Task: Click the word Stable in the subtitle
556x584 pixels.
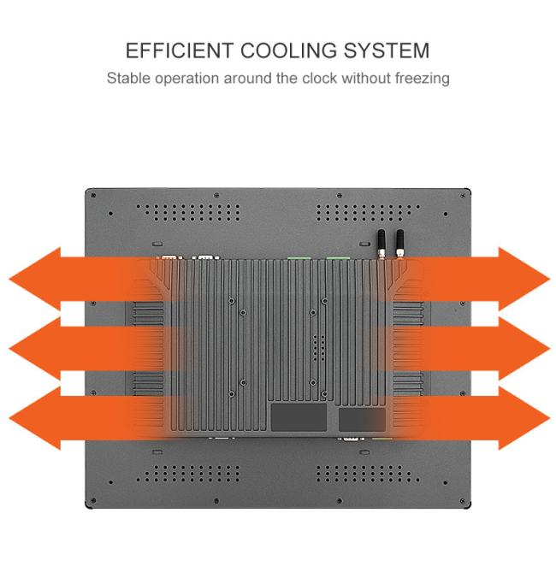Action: pos(127,79)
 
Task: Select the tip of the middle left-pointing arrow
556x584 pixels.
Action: pos(10,348)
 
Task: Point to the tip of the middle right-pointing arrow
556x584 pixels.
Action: pos(547,348)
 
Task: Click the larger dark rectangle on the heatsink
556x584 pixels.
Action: pos(299,418)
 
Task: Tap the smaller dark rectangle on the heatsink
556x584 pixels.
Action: pos(361,418)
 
